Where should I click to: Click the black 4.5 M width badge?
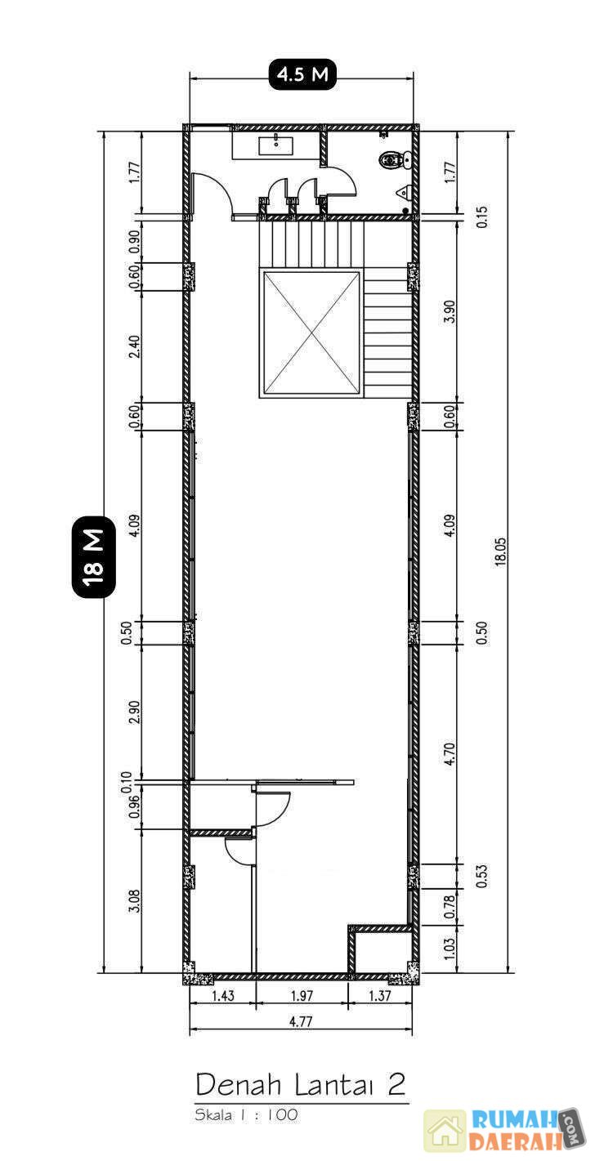pyautogui.click(x=302, y=74)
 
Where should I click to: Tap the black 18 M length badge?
pyautogui.click(x=93, y=556)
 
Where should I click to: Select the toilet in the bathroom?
pyautogui.click(x=395, y=159)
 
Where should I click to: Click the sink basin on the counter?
pyautogui.click(x=275, y=145)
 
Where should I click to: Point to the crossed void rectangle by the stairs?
pyautogui.click(x=311, y=334)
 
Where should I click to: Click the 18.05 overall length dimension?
pyautogui.click(x=501, y=551)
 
